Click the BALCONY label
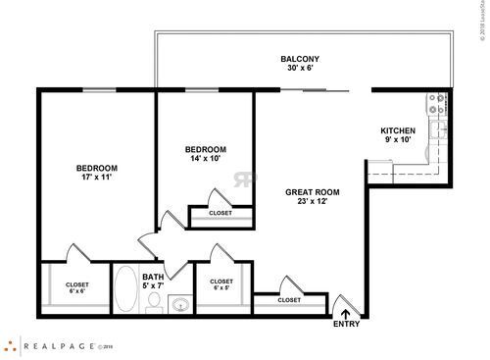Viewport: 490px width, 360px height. (x=300, y=58)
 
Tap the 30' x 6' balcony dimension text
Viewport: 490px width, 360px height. (x=300, y=70)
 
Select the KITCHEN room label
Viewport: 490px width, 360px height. (x=398, y=130)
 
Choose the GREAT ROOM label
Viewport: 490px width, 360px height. (x=312, y=191)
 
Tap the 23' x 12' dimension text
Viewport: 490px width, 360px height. (x=312, y=202)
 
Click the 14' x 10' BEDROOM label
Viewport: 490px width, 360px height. (x=206, y=149)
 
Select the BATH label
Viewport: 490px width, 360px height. (x=153, y=277)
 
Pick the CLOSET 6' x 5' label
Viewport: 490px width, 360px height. (x=221, y=284)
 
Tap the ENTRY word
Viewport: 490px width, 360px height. (x=346, y=324)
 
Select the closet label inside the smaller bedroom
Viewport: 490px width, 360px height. (x=220, y=213)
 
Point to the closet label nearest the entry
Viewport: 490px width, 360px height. (x=289, y=300)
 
